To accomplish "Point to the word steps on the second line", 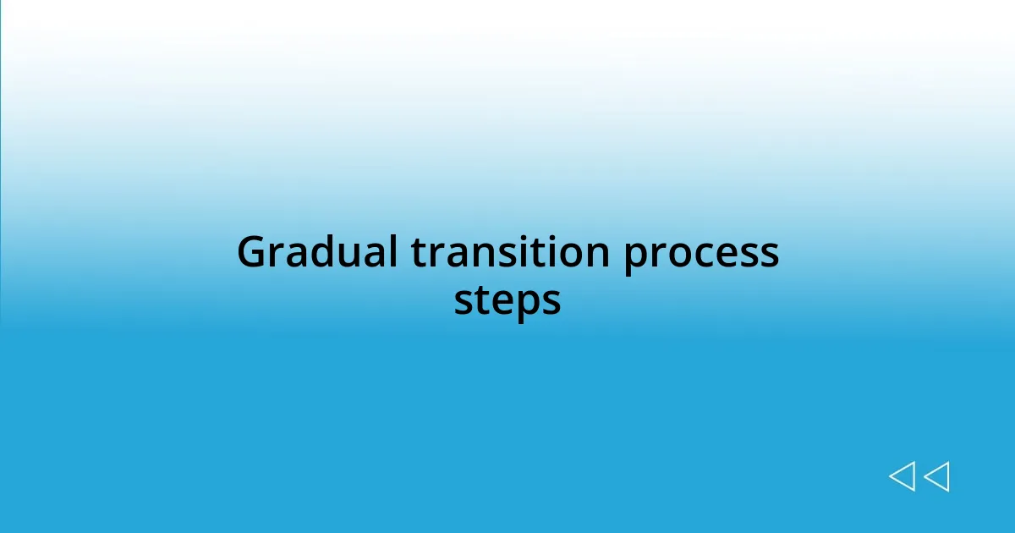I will (x=507, y=301).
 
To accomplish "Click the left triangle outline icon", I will (x=903, y=476).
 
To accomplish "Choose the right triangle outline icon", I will (x=936, y=476).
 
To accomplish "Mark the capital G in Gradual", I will (x=251, y=252).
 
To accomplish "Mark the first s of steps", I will (x=464, y=302).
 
